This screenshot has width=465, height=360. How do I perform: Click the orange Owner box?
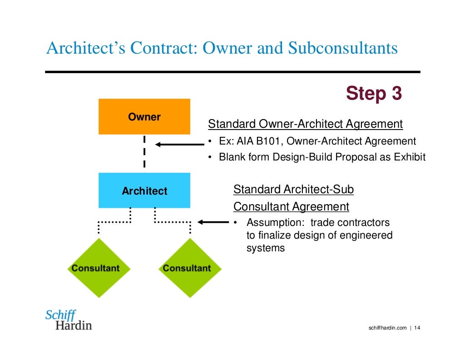coord(144,117)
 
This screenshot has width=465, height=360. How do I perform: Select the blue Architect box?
coord(144,191)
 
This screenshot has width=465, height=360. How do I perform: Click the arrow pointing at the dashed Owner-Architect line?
coord(179,145)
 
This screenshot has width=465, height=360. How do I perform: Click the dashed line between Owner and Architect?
coord(144,153)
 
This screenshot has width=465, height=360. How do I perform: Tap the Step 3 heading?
coord(373,94)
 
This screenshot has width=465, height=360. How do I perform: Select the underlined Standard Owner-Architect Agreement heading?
coord(305,124)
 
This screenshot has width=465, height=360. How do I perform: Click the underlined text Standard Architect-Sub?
coord(293,189)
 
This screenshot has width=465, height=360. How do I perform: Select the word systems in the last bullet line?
coord(265,248)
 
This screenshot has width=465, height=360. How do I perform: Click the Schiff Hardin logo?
coord(68,320)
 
